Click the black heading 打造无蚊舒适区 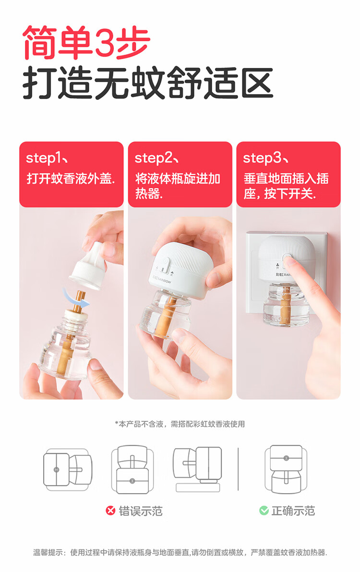pos(148,83)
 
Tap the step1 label pos(47,158)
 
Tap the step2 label pos(156,158)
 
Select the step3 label pos(265,158)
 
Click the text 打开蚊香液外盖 pos(71,179)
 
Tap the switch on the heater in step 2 pos(166,265)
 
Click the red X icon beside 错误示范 pos(110,511)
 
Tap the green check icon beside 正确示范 pos(264,511)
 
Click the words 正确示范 pos(293,511)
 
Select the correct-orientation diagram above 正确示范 pos(286,470)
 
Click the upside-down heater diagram pos(132,470)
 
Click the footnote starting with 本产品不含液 pos(180,424)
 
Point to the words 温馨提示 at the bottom pos(48,552)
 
